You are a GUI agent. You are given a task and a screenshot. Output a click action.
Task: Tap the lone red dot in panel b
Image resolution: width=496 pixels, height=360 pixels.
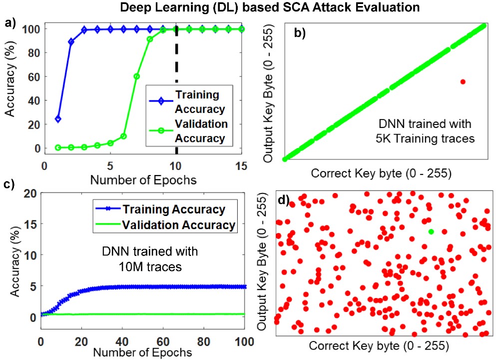point(463,81)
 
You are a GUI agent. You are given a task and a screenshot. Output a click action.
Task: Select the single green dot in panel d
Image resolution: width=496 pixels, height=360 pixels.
point(431,231)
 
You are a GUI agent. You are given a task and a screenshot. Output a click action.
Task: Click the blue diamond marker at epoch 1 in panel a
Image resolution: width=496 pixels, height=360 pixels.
point(58,119)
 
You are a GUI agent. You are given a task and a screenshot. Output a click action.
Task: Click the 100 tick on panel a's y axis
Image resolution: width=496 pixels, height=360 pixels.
point(31,29)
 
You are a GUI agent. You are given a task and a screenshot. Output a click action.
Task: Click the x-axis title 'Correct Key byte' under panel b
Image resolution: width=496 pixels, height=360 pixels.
point(382,173)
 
